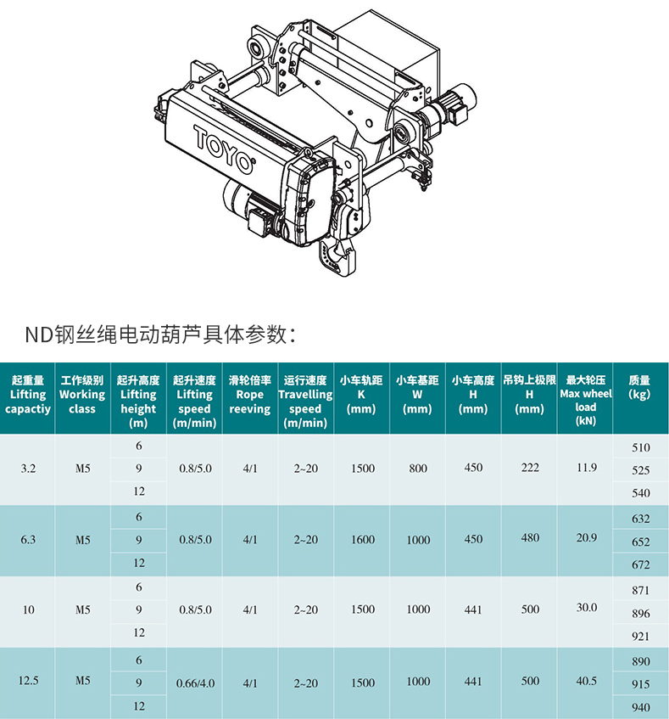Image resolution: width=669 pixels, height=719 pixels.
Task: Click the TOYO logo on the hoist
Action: point(224,149)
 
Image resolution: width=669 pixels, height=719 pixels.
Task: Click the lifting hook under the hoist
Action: point(337,256)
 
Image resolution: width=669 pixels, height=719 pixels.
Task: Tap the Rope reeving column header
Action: point(250,395)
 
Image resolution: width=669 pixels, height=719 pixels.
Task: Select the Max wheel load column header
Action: point(586,401)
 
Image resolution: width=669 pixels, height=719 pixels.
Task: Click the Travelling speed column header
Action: point(305,402)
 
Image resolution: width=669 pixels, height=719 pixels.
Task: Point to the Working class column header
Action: point(82,395)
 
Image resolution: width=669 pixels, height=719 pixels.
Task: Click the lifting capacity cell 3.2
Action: point(28,469)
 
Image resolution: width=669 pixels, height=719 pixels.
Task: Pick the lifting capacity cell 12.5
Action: point(28,681)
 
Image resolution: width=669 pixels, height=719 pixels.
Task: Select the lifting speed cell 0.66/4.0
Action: point(196,683)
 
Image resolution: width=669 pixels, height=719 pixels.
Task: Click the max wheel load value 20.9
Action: point(587,537)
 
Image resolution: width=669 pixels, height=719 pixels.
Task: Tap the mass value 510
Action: point(641,447)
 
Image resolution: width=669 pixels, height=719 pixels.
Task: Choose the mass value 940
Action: point(641,707)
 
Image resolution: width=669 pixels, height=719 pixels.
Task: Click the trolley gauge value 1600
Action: point(363,540)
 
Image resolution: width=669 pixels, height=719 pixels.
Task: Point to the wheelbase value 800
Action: point(418,469)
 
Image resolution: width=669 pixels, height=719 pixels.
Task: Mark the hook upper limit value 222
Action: point(530,468)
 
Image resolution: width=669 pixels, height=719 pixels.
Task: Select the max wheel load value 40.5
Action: point(587,681)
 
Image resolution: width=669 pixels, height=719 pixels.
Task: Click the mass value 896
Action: point(641,614)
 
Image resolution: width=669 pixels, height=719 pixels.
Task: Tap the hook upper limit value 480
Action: point(530,537)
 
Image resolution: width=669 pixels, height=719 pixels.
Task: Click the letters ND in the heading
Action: point(39,334)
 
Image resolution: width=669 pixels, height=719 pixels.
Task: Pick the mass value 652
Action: point(641,542)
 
